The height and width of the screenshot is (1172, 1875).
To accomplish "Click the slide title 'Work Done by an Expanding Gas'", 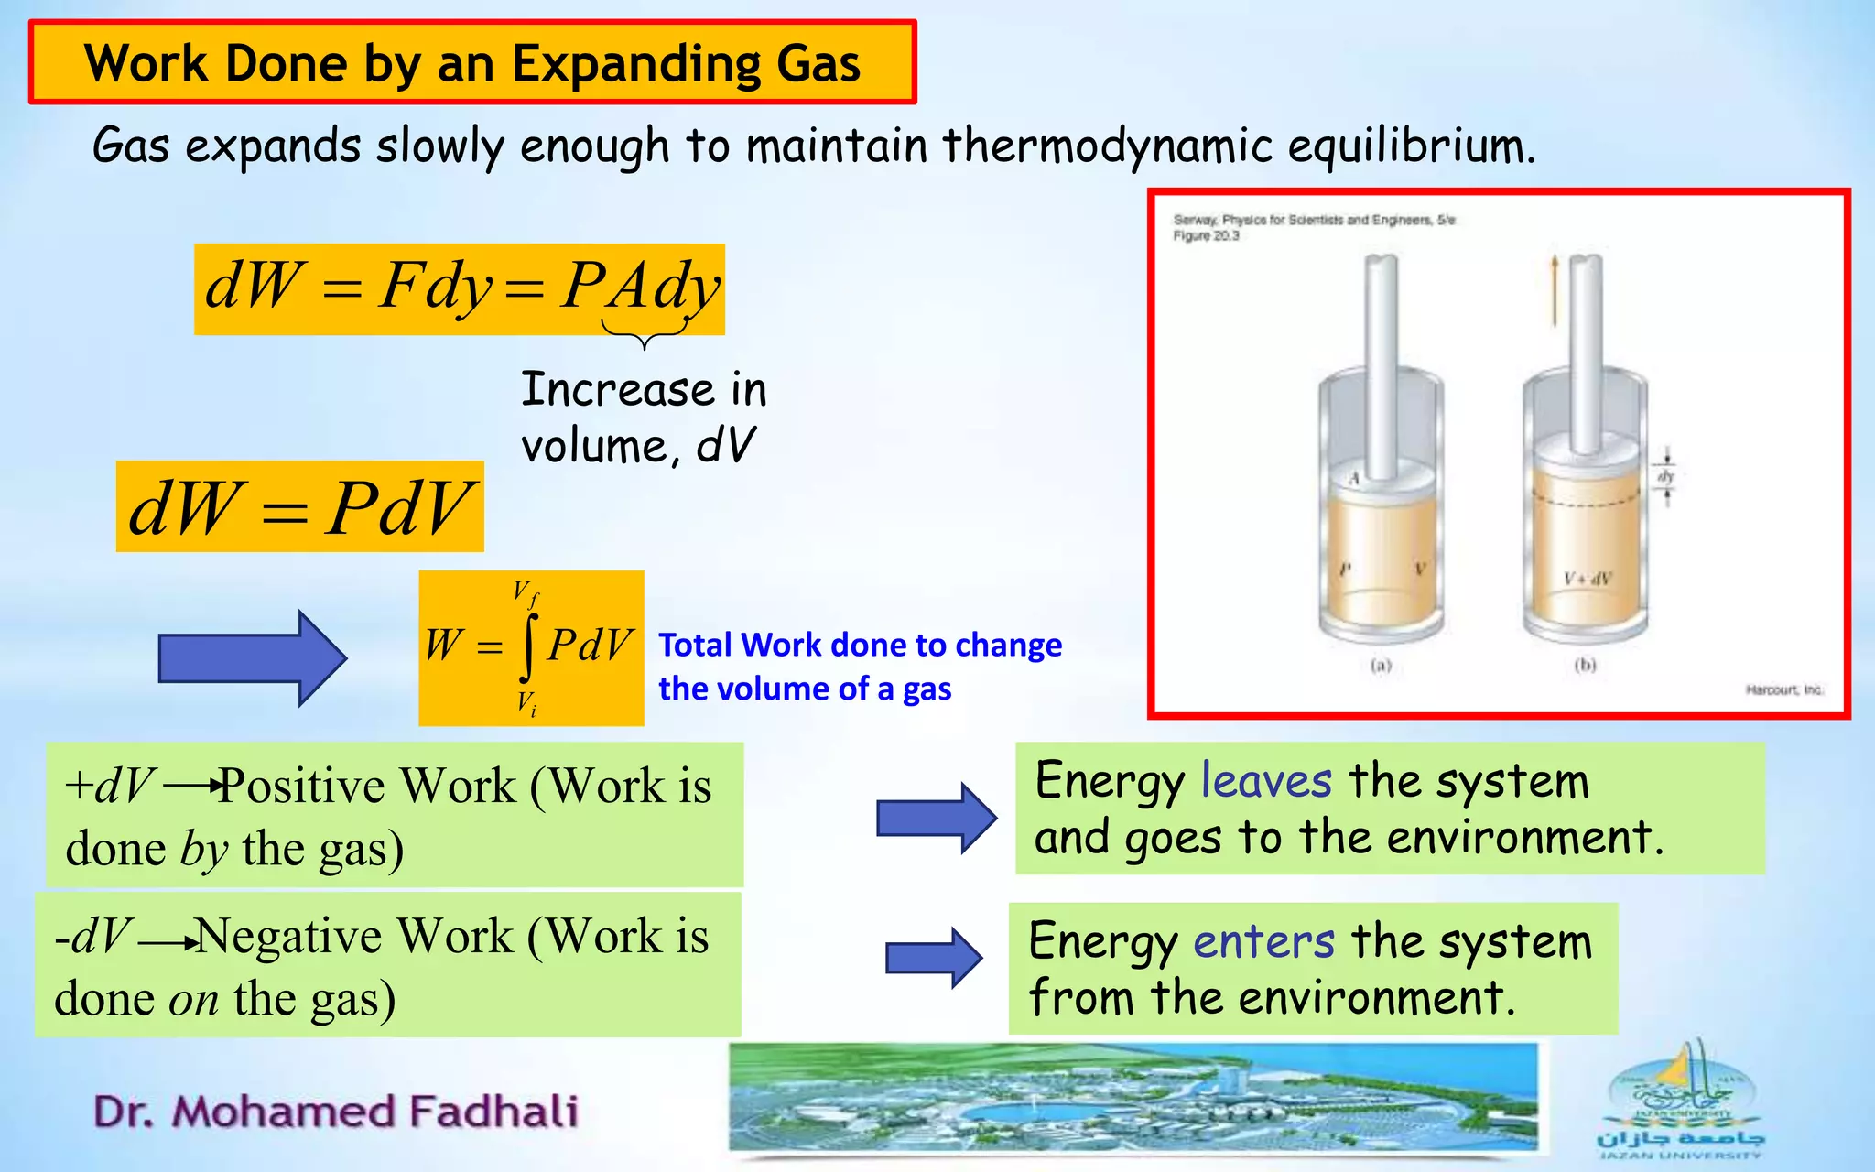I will (471, 63).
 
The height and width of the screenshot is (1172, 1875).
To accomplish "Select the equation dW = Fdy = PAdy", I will (460, 288).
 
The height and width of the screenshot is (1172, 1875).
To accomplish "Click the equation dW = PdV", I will (299, 507).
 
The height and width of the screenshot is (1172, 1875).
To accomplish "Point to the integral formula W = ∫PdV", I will (531, 647).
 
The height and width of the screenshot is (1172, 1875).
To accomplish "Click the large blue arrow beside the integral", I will (253, 657).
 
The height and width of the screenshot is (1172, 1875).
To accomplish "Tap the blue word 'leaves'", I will (1265, 781).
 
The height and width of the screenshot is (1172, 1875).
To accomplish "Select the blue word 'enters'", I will (1263, 941).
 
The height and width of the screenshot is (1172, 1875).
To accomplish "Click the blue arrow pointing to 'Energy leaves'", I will (936, 818).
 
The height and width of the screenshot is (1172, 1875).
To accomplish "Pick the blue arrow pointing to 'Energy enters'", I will (934, 958).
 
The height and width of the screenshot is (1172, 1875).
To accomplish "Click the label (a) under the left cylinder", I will (1381, 666).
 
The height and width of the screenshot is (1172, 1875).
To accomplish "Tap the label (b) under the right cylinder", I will (1585, 666).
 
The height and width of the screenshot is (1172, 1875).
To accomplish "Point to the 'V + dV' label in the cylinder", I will (1588, 579).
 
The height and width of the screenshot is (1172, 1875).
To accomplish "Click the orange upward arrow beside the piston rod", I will (1554, 290).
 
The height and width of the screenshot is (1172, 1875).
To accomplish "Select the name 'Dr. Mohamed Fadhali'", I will (336, 1112).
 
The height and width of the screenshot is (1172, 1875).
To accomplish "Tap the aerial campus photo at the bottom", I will (1133, 1097).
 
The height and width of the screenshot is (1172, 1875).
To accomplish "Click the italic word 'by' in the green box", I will (203, 850).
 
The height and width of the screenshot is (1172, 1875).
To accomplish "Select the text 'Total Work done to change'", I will (860, 645).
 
